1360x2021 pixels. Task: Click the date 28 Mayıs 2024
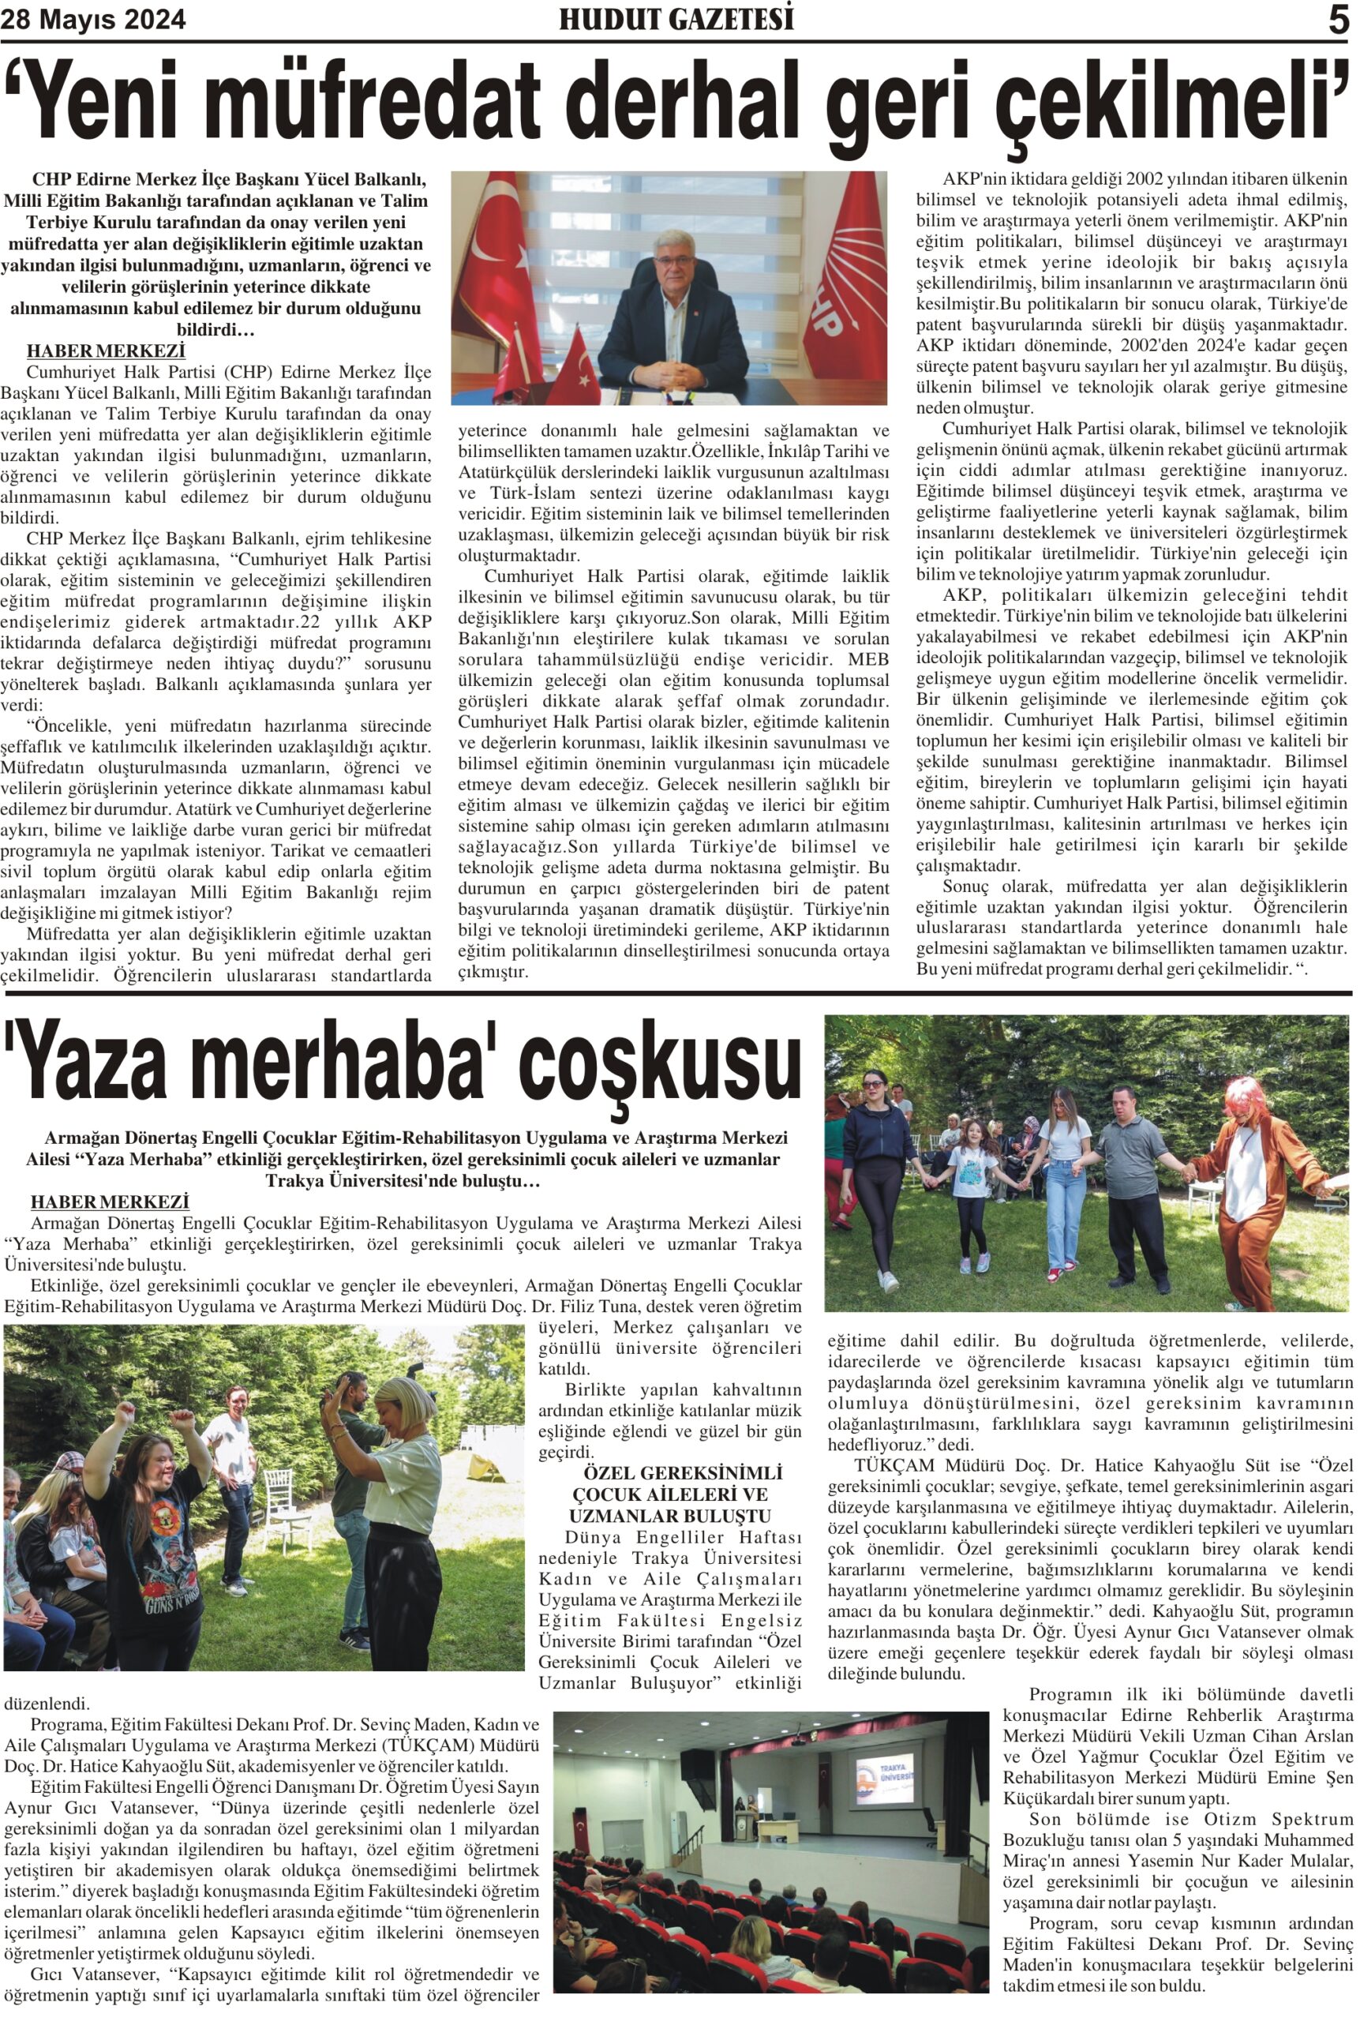[x=93, y=19]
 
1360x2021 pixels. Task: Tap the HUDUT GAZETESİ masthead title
[x=676, y=19]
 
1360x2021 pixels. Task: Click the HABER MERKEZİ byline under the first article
[x=106, y=351]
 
